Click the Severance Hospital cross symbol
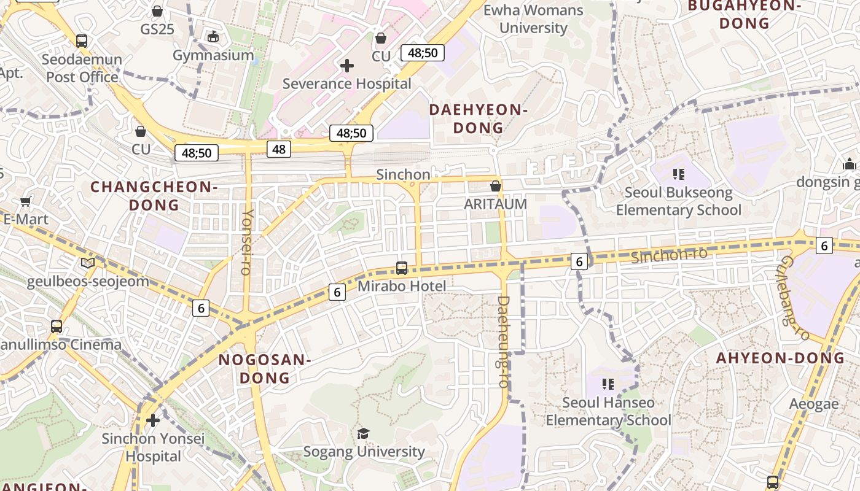point(347,65)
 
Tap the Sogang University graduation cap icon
point(364,434)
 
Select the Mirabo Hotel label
point(402,286)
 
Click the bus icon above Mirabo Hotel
point(402,268)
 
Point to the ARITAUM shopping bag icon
point(496,186)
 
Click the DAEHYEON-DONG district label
point(479,119)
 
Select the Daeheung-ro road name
point(503,342)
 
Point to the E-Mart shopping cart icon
point(26,201)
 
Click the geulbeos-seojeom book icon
point(88,263)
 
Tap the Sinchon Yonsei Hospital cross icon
point(153,420)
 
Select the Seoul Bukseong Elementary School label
point(679,201)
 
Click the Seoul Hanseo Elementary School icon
point(608,384)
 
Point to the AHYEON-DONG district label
point(780,358)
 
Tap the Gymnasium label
point(213,55)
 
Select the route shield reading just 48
point(279,149)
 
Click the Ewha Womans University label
point(533,19)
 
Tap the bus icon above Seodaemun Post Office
point(82,41)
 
